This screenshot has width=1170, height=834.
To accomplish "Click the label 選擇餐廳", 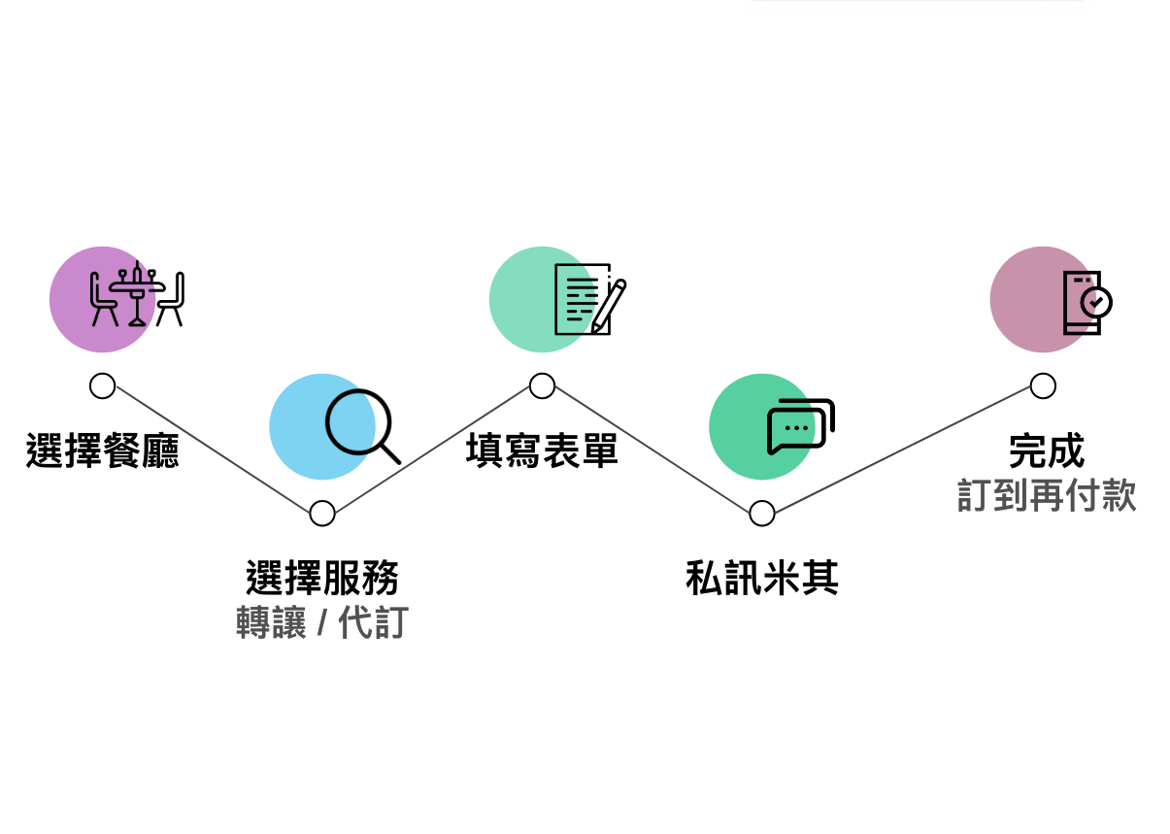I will [103, 451].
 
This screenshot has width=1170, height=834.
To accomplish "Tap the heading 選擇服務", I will [322, 579].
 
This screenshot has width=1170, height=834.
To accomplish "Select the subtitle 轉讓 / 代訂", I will [322, 622].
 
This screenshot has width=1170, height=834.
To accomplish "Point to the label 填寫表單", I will [542, 451].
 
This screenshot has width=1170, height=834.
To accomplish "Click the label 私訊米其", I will [762, 579].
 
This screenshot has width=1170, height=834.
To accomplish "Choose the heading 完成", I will [1046, 451].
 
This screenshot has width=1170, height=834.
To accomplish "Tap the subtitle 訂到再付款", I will [1046, 495].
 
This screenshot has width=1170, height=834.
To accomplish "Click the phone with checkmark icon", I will [1086, 303].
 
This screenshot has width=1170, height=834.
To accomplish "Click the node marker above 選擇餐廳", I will [102, 386].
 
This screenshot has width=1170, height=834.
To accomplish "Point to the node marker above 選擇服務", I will [322, 514].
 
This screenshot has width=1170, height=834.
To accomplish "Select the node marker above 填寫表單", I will [542, 386].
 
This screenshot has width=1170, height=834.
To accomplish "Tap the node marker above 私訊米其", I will [762, 514].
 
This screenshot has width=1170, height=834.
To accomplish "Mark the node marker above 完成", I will [1043, 386].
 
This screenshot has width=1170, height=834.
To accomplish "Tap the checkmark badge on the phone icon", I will [1097, 303].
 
